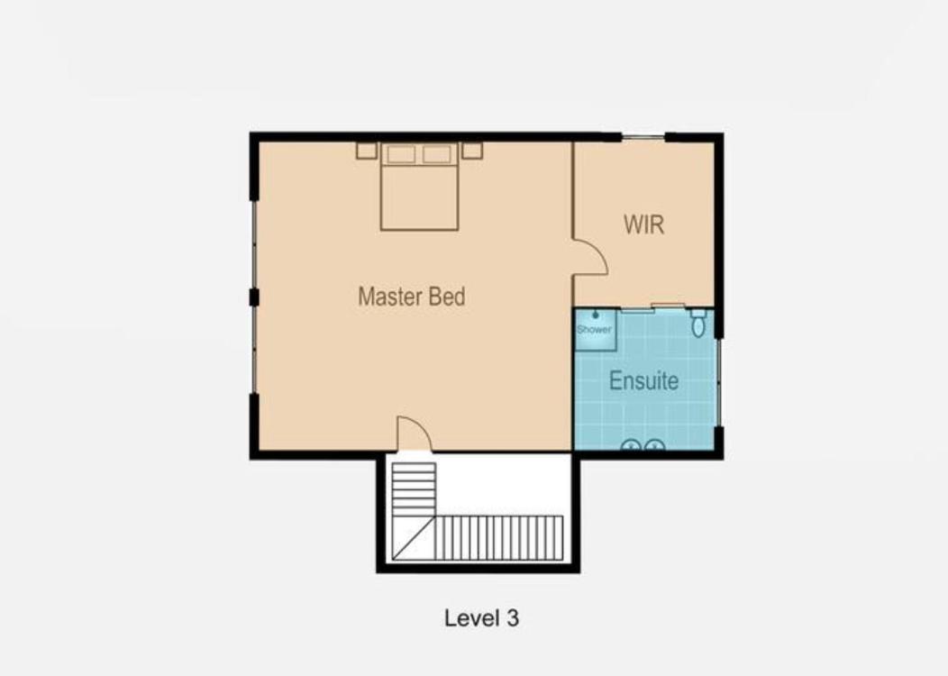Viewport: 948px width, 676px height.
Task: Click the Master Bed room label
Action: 412,297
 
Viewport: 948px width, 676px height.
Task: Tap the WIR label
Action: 644,224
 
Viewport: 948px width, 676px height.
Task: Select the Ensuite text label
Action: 644,380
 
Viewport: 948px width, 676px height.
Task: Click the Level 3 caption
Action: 482,618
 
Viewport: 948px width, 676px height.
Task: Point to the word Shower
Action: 595,330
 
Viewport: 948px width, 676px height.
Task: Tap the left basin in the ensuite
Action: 631,445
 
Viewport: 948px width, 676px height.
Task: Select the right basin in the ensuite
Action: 655,445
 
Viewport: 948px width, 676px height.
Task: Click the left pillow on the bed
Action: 401,154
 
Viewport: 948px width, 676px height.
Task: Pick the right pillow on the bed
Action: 437,154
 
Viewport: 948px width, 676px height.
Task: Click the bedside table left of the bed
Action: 367,151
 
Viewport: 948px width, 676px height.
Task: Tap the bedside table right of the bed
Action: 472,151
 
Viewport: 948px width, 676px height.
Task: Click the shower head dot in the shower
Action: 596,315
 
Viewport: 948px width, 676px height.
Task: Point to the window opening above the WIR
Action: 643,138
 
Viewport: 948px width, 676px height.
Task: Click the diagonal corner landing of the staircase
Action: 415,537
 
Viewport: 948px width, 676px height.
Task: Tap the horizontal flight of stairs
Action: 499,537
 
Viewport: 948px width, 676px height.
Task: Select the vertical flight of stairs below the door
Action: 415,489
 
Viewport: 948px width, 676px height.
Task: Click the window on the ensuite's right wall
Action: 719,382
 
